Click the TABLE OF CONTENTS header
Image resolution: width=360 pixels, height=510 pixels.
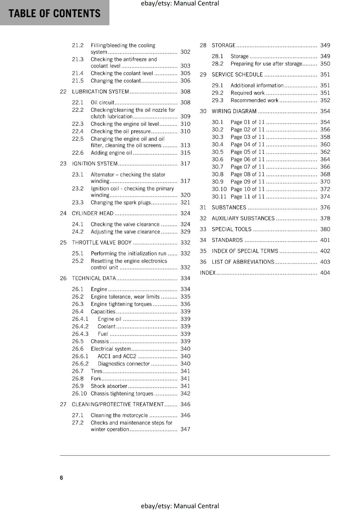tap(54, 13)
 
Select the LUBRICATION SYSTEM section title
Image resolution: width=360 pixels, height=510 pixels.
tap(100, 92)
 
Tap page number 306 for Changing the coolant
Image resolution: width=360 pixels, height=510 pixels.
tap(185, 81)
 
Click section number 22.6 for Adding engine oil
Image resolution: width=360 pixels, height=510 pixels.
tap(77, 153)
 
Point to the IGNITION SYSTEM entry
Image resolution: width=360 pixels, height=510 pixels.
tap(95, 164)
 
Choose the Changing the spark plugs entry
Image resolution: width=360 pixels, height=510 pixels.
tap(120, 203)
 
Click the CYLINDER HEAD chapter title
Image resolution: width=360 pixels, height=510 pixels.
tap(92, 214)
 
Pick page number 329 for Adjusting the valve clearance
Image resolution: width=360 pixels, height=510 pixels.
tap(185, 232)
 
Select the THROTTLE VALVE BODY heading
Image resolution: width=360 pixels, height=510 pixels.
tap(102, 243)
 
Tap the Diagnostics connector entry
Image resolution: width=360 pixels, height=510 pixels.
tap(124, 364)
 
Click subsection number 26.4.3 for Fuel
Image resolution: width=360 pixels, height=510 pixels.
tap(80, 334)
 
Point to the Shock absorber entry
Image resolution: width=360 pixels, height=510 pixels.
tap(109, 386)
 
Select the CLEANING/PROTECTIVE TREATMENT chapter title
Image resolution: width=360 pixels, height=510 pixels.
tap(118, 404)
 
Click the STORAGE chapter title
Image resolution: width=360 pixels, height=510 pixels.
tap(223, 46)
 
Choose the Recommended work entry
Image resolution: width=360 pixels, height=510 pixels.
tap(254, 101)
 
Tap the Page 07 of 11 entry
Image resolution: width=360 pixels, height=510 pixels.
tap(248, 167)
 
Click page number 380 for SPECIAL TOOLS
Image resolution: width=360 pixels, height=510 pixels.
tap(325, 229)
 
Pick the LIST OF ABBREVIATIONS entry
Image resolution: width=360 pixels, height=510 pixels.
tap(243, 262)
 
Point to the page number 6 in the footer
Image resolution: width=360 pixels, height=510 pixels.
tap(61, 478)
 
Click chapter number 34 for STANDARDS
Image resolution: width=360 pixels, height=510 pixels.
tap(203, 240)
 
